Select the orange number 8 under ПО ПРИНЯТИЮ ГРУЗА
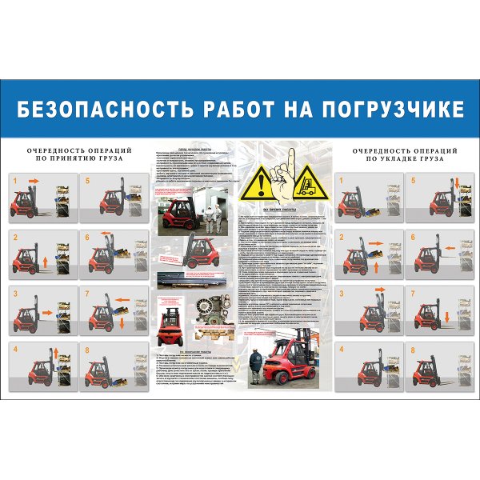tap(87, 350)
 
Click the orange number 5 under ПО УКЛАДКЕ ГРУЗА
tap(414, 182)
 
